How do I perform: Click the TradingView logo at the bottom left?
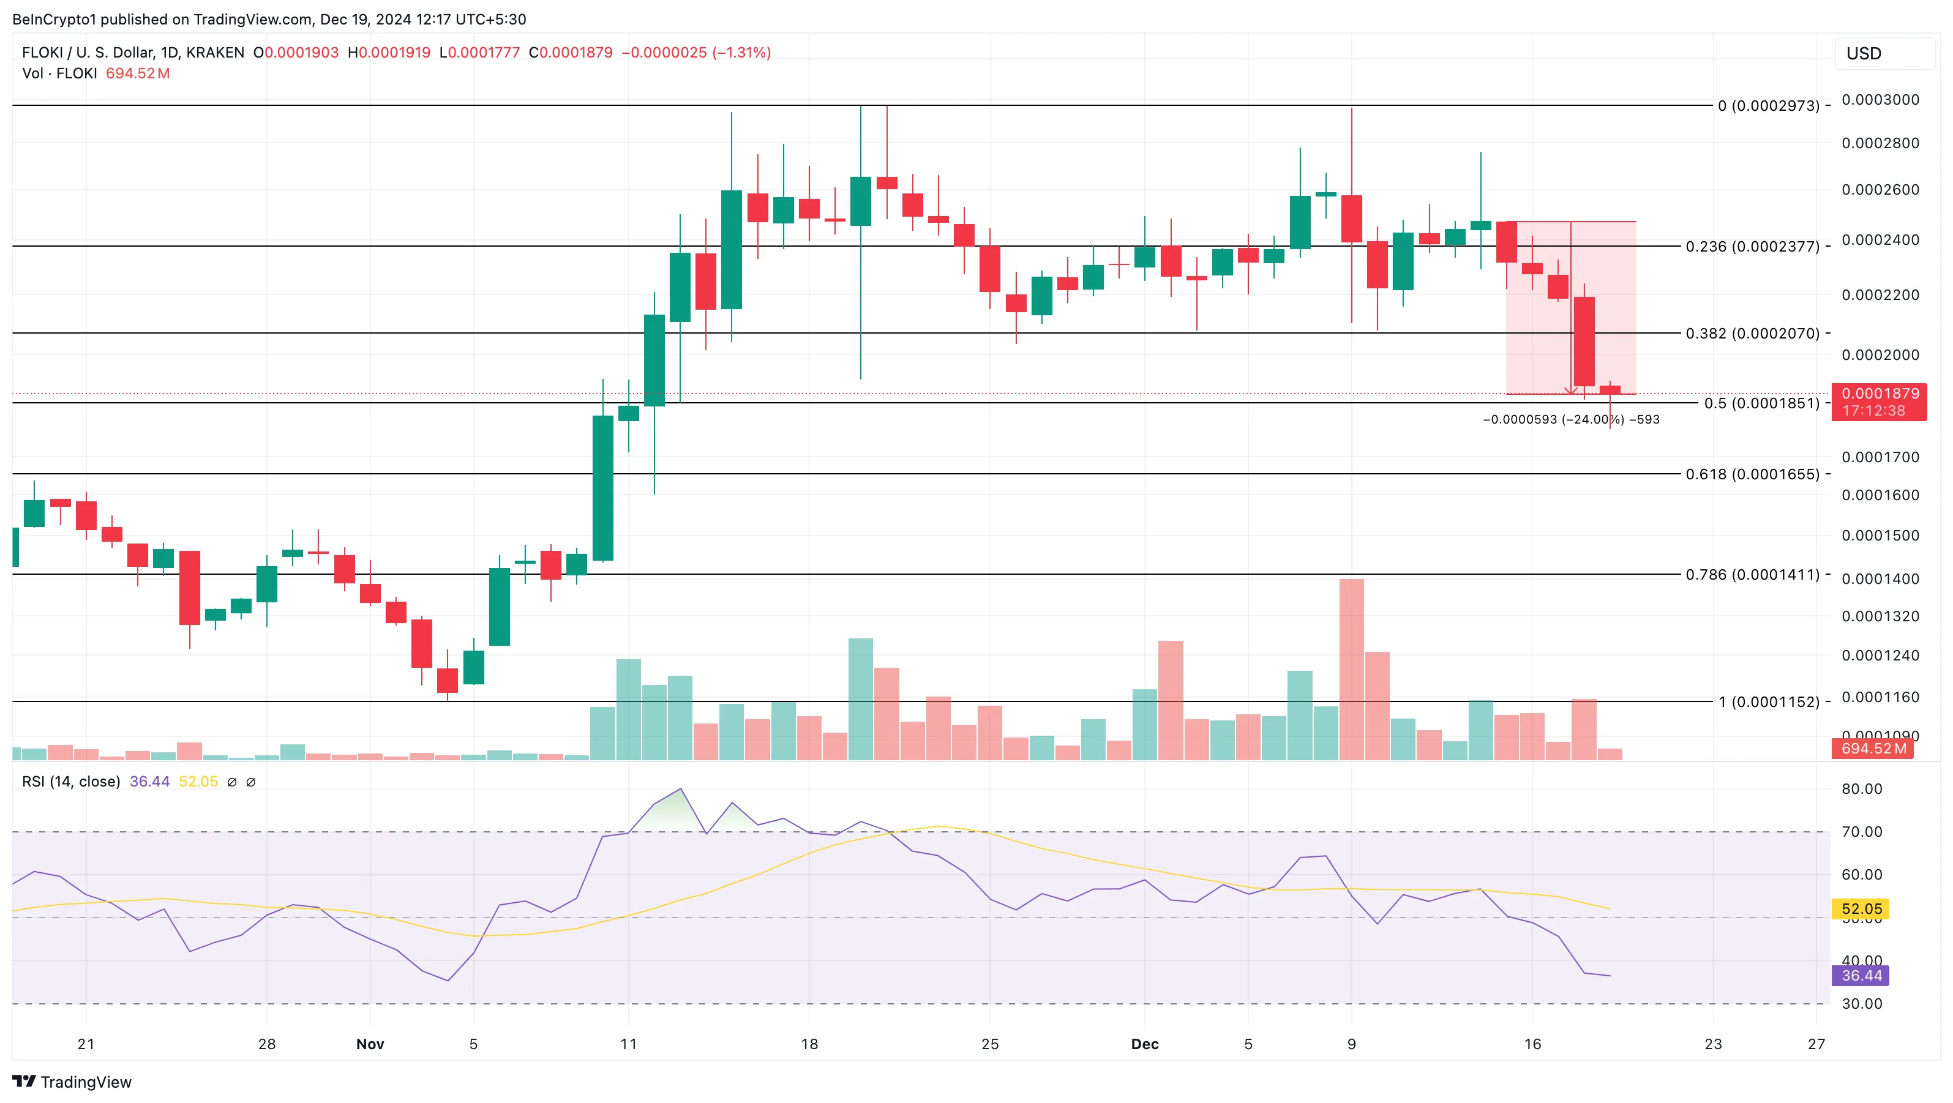click(72, 1081)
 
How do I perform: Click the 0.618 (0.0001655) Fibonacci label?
click(1752, 474)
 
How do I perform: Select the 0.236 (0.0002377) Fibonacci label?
click(1752, 247)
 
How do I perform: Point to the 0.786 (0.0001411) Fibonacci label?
click(1752, 575)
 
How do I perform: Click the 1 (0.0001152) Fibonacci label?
click(1768, 702)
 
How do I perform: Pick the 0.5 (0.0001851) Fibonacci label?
click(1761, 403)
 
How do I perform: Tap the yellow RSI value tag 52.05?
click(1861, 909)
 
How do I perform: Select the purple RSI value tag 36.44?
click(1861, 976)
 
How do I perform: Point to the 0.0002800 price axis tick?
click(1880, 143)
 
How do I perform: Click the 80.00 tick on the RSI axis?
click(1861, 789)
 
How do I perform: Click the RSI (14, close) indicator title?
click(71, 782)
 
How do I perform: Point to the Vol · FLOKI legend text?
click(59, 73)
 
